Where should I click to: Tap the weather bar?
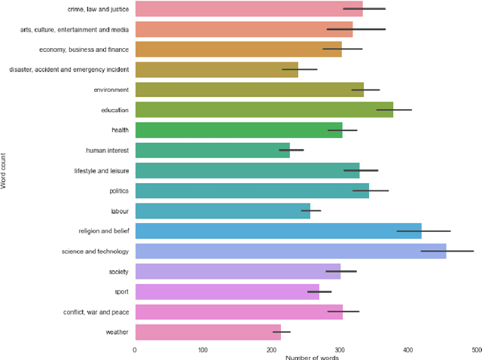[x=207, y=332]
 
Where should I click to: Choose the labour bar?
[x=222, y=211]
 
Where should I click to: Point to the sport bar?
[x=227, y=291]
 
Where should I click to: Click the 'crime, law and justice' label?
[x=99, y=9]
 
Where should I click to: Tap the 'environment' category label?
[x=111, y=90]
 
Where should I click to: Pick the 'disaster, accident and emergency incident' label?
[x=69, y=69]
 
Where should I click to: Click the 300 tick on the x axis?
[x=340, y=350]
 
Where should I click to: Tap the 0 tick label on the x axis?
[x=135, y=350]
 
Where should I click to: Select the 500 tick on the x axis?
[x=476, y=350]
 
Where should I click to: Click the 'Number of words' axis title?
[x=312, y=357]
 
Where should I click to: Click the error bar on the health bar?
[x=342, y=130]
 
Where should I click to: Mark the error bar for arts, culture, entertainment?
[x=355, y=29]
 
